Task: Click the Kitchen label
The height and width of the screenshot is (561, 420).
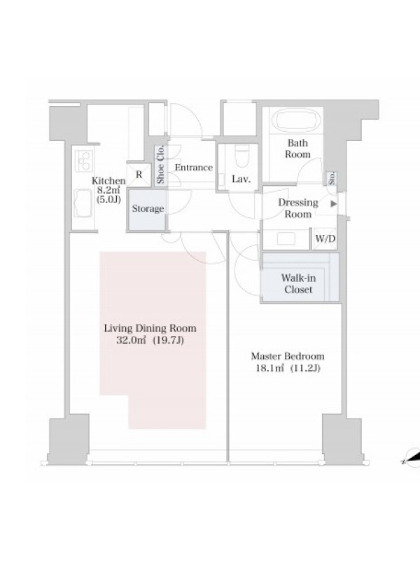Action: (108, 181)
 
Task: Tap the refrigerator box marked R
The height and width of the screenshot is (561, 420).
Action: (139, 175)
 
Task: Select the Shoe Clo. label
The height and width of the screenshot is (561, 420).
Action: (160, 165)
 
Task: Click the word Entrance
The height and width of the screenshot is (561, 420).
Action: (194, 168)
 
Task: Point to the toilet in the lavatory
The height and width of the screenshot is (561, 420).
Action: (241, 156)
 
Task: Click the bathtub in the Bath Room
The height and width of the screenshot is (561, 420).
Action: (297, 120)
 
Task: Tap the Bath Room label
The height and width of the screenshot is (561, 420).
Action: (297, 149)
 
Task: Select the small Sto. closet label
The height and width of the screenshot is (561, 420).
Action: (331, 178)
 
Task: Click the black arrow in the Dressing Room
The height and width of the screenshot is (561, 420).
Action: (334, 204)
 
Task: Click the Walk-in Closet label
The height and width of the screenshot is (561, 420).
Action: (298, 283)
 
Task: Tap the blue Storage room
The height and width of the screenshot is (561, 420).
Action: (147, 209)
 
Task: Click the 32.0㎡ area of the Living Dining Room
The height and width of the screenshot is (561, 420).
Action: (132, 340)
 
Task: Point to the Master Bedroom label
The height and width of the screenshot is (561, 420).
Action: (288, 356)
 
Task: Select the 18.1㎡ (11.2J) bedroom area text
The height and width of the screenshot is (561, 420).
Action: (288, 367)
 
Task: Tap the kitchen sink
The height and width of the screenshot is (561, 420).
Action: (83, 203)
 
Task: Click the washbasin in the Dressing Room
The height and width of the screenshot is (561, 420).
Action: (286, 238)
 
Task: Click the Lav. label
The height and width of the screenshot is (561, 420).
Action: (241, 179)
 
